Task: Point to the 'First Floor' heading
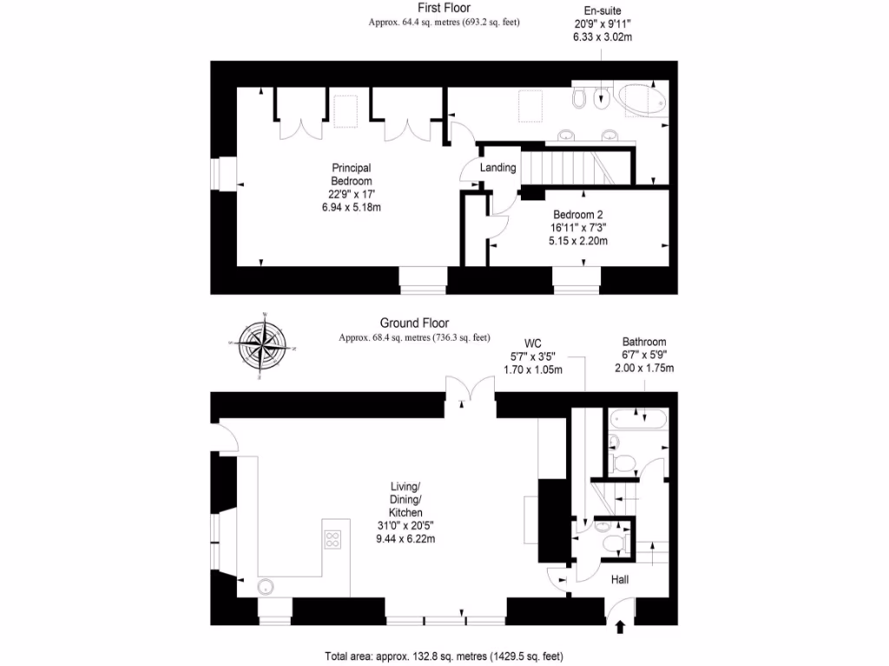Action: click(x=444, y=8)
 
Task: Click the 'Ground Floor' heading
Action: click(x=413, y=323)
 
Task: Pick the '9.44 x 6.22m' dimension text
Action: click(x=405, y=539)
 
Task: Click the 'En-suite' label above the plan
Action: click(x=597, y=11)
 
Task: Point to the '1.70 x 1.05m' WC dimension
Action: click(x=533, y=369)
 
